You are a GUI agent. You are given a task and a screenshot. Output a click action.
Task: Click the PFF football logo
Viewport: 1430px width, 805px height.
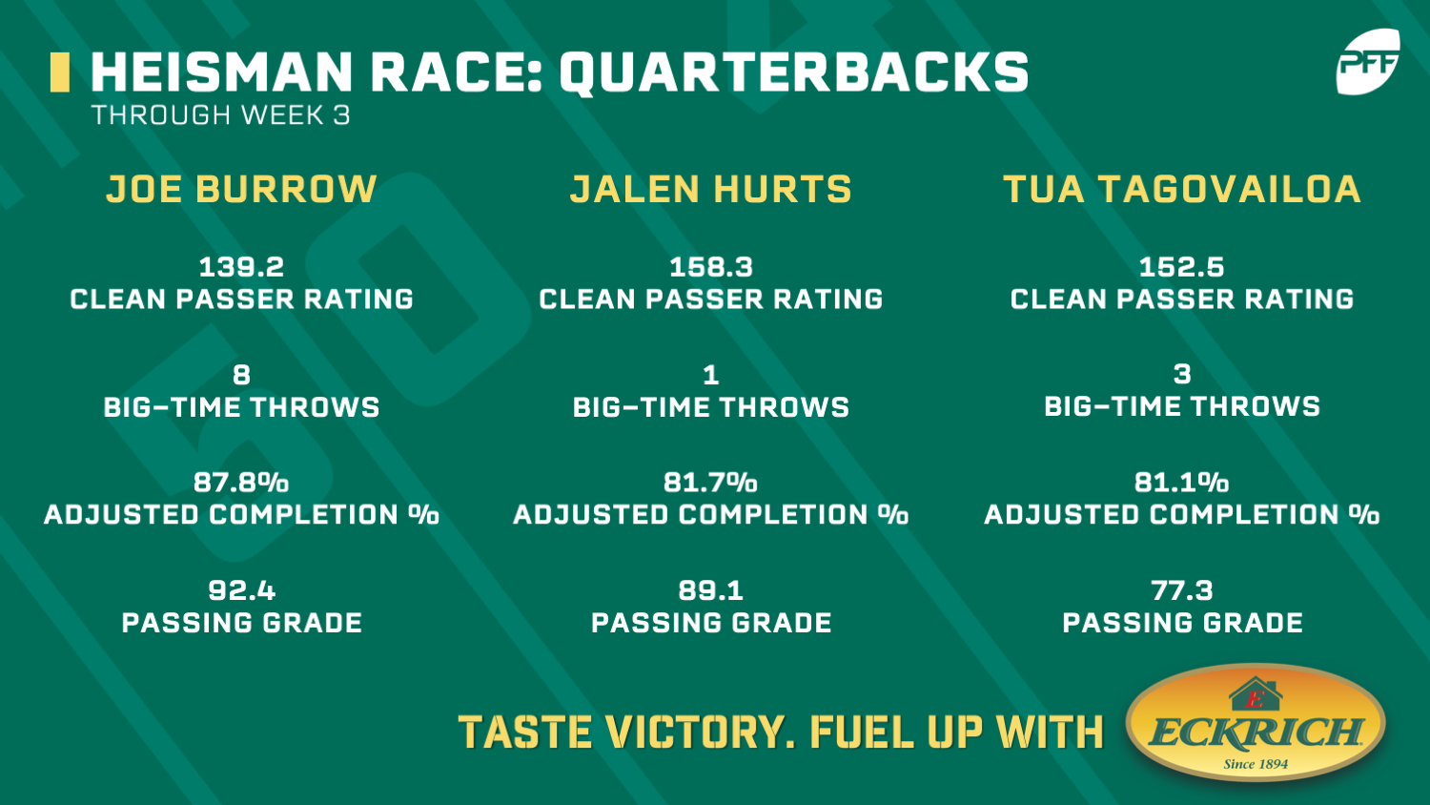pyautogui.click(x=1367, y=61)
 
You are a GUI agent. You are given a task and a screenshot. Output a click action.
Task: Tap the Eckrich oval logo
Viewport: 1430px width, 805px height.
pyautogui.click(x=1256, y=723)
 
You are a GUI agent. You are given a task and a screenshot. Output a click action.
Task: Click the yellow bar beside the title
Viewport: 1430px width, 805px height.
pyautogui.click(x=59, y=72)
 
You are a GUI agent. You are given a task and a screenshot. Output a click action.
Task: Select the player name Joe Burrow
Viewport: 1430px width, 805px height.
pyautogui.click(x=241, y=189)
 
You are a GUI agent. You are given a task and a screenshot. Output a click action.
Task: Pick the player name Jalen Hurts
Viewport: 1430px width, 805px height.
pyautogui.click(x=710, y=189)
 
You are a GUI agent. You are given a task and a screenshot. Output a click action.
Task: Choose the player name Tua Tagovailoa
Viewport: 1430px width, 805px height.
pyautogui.click(x=1182, y=189)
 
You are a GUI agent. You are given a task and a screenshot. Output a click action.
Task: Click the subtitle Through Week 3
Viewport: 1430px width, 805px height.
pyautogui.click(x=221, y=115)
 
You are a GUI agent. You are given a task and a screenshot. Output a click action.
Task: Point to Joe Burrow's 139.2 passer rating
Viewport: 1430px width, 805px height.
pyautogui.click(x=241, y=267)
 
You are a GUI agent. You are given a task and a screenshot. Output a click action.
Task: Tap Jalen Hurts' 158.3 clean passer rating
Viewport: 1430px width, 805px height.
pyautogui.click(x=710, y=267)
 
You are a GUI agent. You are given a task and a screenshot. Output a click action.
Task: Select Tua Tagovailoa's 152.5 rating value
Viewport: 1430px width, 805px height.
pyautogui.click(x=1182, y=267)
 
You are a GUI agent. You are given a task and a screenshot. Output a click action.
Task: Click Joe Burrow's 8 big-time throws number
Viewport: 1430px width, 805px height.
pyautogui.click(x=241, y=375)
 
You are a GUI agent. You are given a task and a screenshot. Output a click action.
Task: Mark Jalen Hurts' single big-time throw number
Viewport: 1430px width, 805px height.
pyautogui.click(x=710, y=375)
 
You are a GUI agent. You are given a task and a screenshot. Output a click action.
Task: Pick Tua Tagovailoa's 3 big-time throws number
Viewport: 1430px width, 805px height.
pyautogui.click(x=1182, y=374)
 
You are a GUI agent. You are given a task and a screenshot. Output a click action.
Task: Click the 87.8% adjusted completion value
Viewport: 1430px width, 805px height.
pyautogui.click(x=241, y=483)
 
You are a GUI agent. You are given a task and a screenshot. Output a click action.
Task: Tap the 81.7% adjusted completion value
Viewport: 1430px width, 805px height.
pyautogui.click(x=710, y=483)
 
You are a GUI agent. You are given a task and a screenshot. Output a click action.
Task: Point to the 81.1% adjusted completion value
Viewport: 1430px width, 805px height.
pyautogui.click(x=1182, y=483)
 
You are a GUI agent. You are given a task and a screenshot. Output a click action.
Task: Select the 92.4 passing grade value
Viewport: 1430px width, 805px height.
pyautogui.click(x=241, y=590)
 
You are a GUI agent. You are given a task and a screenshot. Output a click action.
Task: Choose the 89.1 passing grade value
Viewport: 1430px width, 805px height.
pyautogui.click(x=710, y=590)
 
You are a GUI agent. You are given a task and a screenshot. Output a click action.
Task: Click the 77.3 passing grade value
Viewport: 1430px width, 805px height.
pyautogui.click(x=1182, y=590)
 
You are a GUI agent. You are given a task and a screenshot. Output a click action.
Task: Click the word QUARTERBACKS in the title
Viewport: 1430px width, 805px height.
pyautogui.click(x=793, y=72)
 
